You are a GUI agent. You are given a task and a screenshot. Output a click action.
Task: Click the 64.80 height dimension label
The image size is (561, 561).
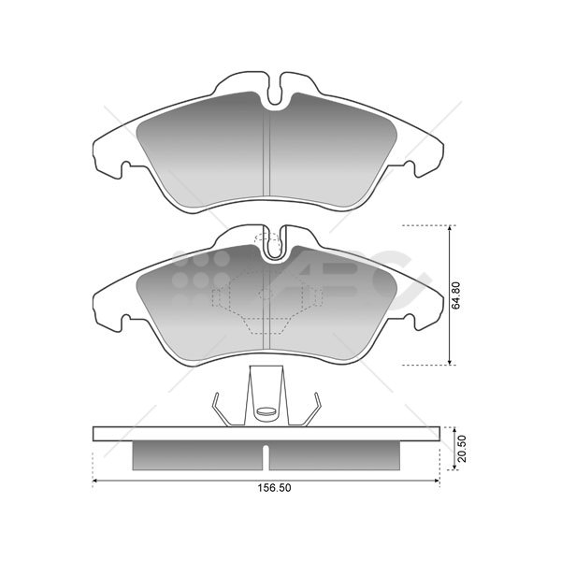click(456, 295)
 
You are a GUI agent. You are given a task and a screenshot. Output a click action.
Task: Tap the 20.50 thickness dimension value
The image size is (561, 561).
click(462, 448)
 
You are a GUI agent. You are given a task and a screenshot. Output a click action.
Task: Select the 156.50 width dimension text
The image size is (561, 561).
click(274, 488)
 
